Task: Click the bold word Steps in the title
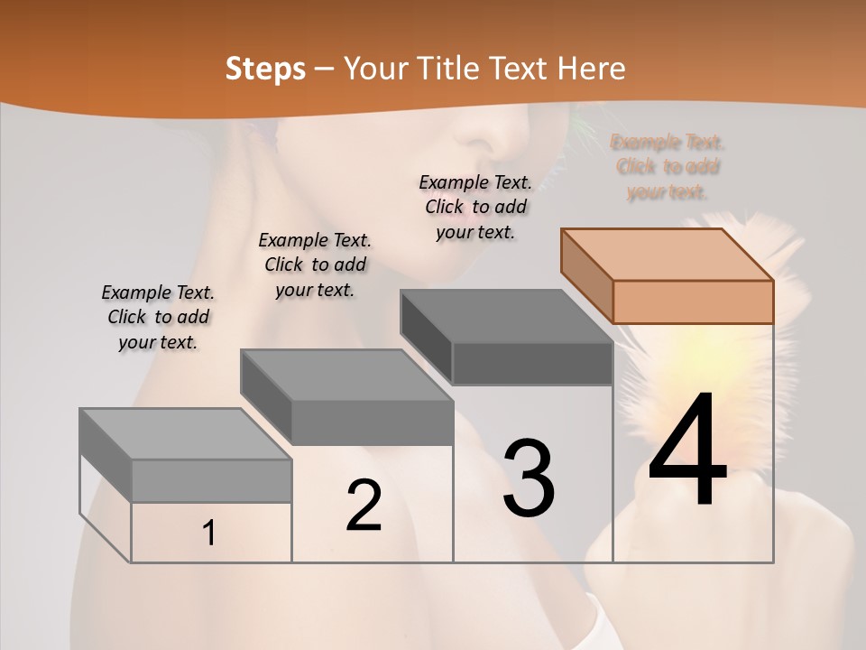pos(265,69)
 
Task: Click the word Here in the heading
pos(592,69)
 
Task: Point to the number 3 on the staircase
pos(529,478)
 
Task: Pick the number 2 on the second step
pos(364,506)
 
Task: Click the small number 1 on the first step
pos(209,534)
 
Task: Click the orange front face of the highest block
pos(693,302)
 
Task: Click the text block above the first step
pos(158,317)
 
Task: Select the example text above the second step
pos(315,265)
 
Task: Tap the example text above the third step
pos(475,207)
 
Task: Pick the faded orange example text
pos(668,167)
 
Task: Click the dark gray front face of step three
pos(532,364)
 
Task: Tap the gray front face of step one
pos(212,481)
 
